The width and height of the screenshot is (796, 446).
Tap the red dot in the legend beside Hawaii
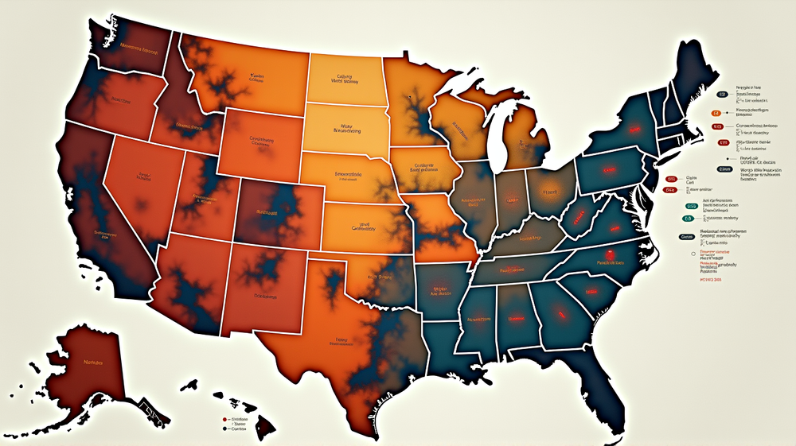[225, 418]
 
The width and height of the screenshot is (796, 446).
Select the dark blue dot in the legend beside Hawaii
[225, 429]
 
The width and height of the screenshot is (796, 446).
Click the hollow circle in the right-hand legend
[685, 255]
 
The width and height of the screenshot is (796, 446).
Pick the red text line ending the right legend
[710, 280]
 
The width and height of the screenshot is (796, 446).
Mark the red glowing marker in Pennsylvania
[611, 169]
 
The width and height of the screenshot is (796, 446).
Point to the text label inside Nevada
[144, 176]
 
